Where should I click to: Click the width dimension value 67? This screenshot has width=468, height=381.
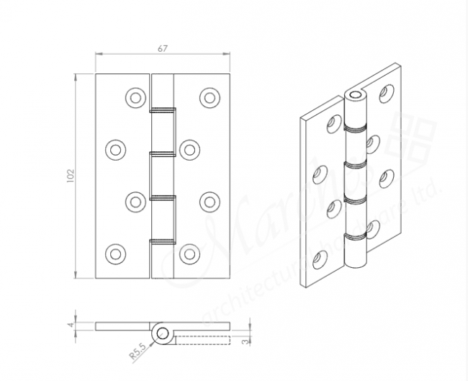tap(162, 48)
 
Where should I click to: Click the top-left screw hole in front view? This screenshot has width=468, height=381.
tap(133, 98)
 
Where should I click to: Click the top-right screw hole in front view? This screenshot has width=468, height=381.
tap(209, 98)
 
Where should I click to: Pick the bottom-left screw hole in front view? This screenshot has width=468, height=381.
tap(114, 253)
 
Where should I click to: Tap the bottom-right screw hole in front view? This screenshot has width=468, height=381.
tap(190, 253)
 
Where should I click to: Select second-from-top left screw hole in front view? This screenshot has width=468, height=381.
tap(114, 149)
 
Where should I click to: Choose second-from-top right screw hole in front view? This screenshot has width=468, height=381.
tap(190, 149)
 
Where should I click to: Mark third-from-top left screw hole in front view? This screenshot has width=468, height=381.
tap(133, 201)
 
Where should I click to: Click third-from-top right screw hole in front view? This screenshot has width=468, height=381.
tap(209, 201)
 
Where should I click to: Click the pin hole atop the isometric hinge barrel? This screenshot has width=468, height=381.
tap(354, 95)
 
